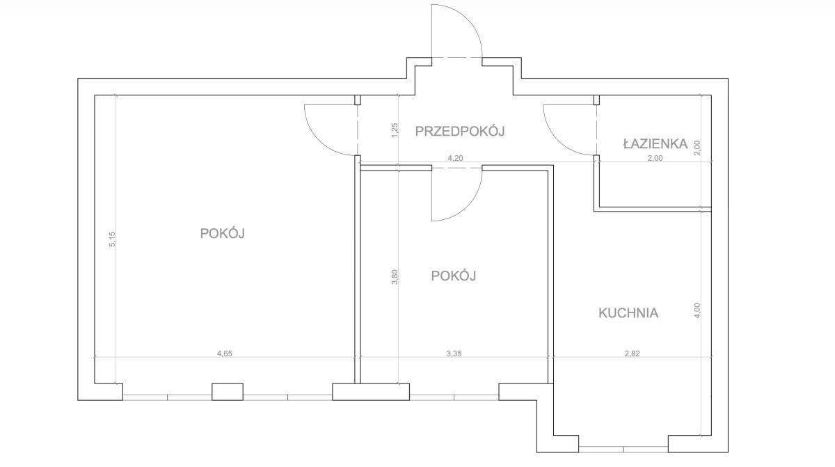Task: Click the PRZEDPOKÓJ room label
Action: pos(460,131)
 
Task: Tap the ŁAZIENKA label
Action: pos(655,143)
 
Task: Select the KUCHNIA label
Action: pos(628,313)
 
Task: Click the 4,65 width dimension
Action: pos(224,354)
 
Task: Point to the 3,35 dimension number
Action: pos(454,354)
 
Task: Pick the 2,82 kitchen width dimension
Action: pos(633,354)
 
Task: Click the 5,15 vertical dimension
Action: pos(113,239)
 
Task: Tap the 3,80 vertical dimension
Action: pos(395,277)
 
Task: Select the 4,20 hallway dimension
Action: pos(455,158)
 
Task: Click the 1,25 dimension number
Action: pos(395,130)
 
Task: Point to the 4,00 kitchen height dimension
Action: pos(698,310)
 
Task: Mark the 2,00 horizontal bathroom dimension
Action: pos(655,158)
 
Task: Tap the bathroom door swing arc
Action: pos(558,141)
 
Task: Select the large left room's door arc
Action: pos(319,141)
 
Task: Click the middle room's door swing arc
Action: pos(468,206)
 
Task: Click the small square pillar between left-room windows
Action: pos(228,392)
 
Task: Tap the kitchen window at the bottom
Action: pos(623,450)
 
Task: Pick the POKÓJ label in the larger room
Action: pos(222,233)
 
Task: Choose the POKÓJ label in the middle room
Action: pos(453,276)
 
